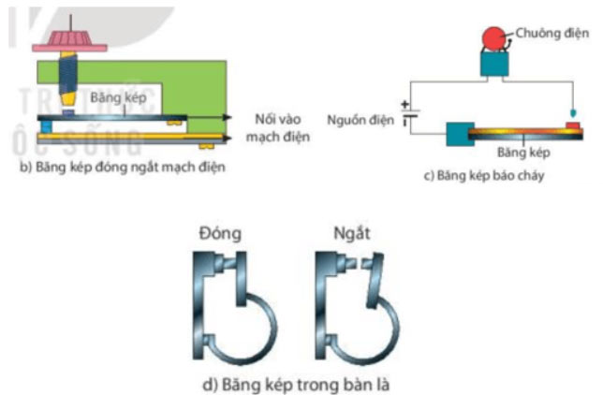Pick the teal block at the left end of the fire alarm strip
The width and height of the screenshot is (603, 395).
[x=461, y=134]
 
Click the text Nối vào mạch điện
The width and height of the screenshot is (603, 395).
[x=282, y=128]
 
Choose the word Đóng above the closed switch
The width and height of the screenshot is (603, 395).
[x=219, y=233]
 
